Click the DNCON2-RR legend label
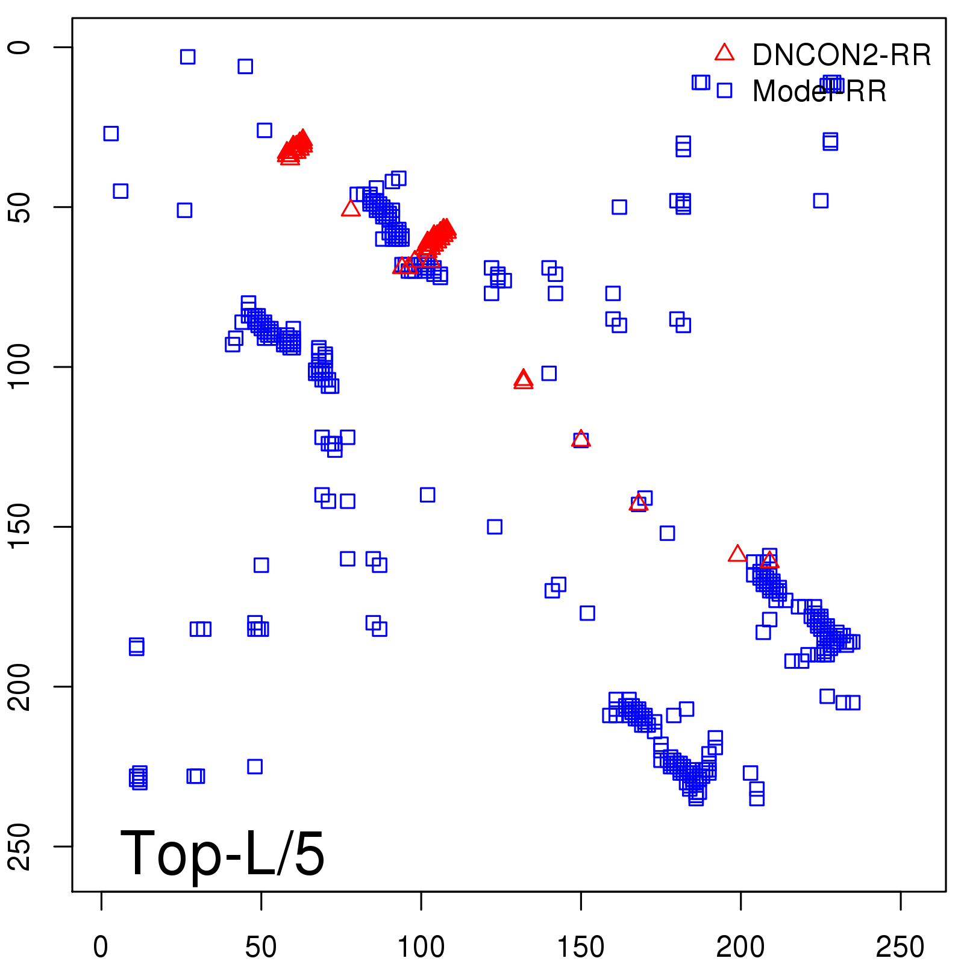pyautogui.click(x=841, y=55)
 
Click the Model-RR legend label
pyautogui.click(x=819, y=92)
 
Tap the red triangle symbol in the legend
pyautogui.click(x=724, y=53)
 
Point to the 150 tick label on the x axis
pyautogui.click(x=581, y=947)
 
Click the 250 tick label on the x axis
pyautogui.click(x=900, y=947)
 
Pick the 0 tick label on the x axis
pyautogui.click(x=101, y=947)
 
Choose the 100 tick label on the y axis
pyautogui.click(x=20, y=366)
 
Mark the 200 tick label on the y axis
pyautogui.click(x=20, y=686)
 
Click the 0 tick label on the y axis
pyautogui.click(x=20, y=47)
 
